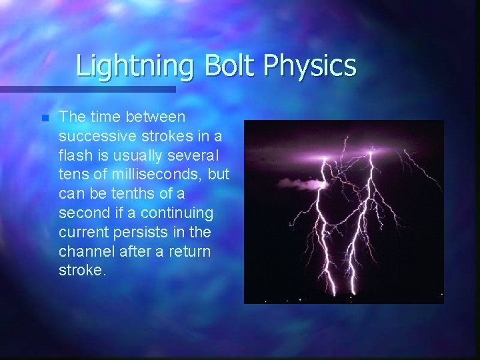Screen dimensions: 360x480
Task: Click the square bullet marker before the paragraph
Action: pyautogui.click(x=45, y=118)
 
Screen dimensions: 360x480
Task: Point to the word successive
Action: pyautogui.click(x=91, y=136)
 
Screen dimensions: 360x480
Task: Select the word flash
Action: pyautogui.click(x=75, y=155)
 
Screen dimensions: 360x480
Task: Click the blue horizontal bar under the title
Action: pyautogui.click(x=87, y=89)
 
